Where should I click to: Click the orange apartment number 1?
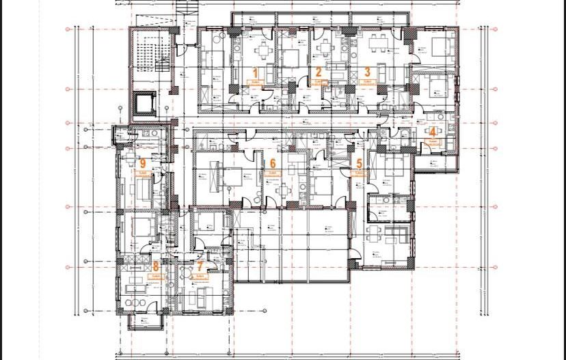(x=256, y=72)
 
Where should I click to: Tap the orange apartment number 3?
(x=367, y=71)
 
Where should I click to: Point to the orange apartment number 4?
(x=432, y=132)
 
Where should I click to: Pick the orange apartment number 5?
(x=360, y=163)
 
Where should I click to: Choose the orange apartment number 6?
(x=273, y=163)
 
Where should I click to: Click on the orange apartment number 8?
(x=156, y=266)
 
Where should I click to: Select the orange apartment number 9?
(x=142, y=163)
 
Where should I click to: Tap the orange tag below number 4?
(x=433, y=141)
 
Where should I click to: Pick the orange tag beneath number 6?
(x=273, y=174)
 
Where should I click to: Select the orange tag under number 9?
(x=143, y=174)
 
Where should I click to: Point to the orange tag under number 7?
(x=200, y=277)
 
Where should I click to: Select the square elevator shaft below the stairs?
(x=144, y=102)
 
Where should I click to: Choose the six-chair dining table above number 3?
(x=377, y=45)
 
